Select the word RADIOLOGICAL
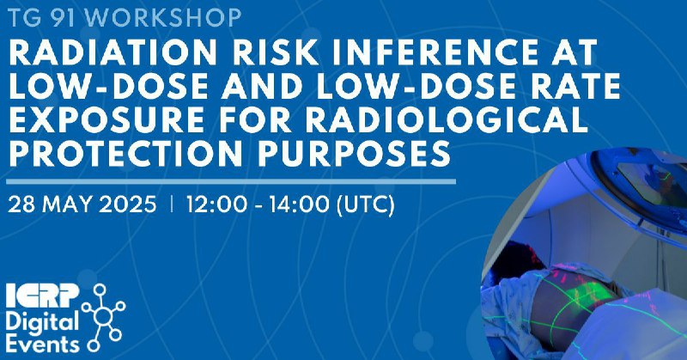pos(446,119)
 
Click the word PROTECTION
pos(125,153)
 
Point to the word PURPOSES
pos(354,153)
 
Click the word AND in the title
pos(261,87)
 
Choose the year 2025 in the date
pos(127,204)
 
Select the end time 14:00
pos(299,204)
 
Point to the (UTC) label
pos(366,204)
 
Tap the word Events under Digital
pos(42,344)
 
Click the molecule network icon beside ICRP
pos(104,317)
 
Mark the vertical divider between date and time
pos(171,204)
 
